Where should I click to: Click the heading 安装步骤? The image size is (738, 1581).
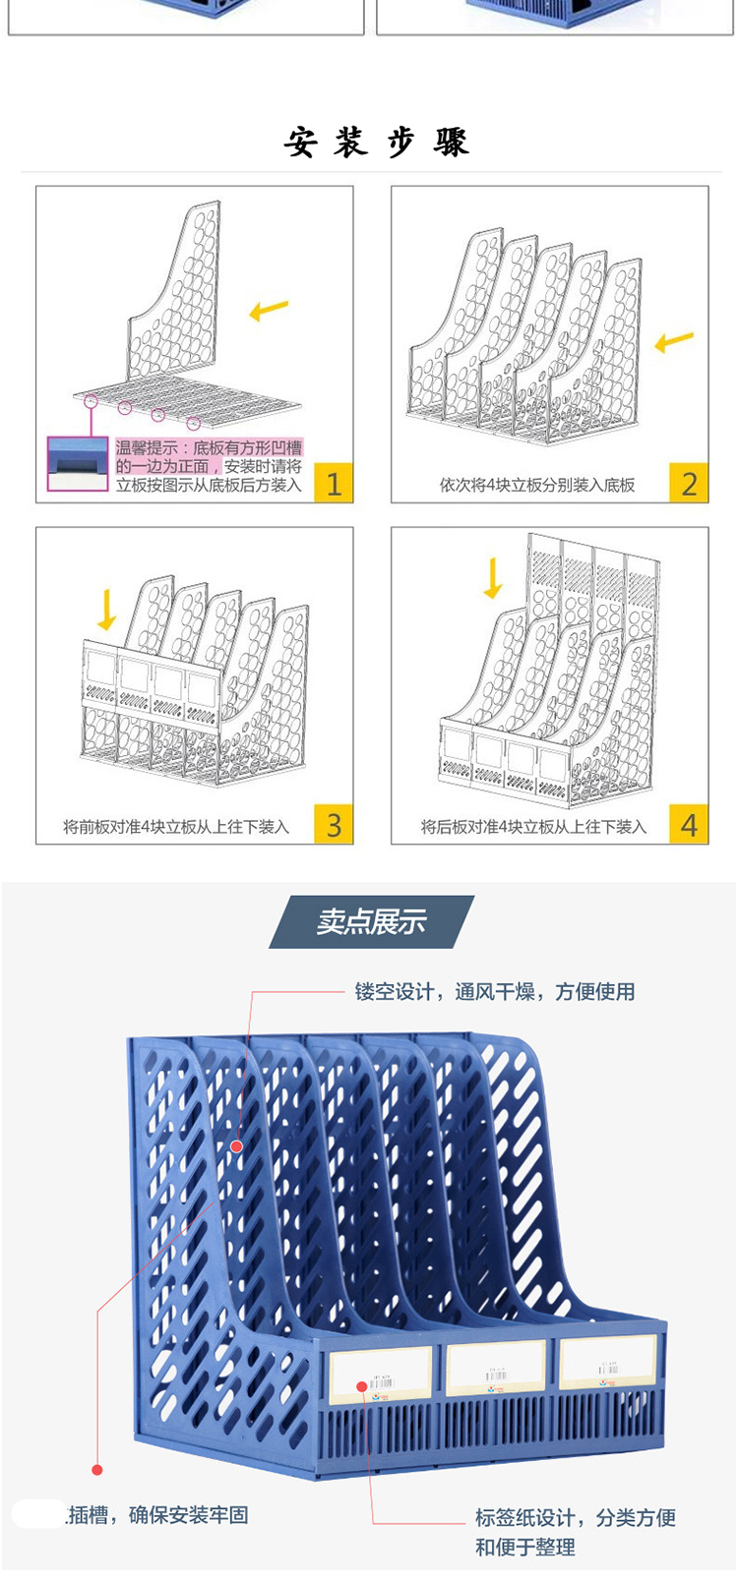coord(377,143)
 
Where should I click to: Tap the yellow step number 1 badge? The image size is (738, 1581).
coord(334,483)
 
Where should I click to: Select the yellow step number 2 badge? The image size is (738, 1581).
coord(689,483)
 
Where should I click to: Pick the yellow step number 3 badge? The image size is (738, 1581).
coord(334,824)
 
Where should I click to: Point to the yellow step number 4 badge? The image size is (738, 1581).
coord(689,824)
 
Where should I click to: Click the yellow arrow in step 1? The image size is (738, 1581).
coord(269,311)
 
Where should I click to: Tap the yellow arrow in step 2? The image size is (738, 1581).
coord(674,341)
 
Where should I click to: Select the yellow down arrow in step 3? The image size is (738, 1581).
coord(107,610)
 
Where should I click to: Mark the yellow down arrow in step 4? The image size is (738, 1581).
coord(493,578)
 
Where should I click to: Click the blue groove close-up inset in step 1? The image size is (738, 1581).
coord(78,463)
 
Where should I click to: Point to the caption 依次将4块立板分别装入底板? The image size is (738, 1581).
coord(537,485)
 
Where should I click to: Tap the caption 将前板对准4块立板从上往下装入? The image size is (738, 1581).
coord(176,827)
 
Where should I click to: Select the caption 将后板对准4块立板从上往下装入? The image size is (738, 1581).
coord(533,827)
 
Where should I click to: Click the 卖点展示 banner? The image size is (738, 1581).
coord(372,921)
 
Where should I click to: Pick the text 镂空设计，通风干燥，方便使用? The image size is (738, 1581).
coord(495,991)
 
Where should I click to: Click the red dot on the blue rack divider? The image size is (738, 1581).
coord(236,1145)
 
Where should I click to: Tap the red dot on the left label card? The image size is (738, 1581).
coord(362,1386)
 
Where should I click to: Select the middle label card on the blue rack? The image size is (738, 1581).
coord(496,1366)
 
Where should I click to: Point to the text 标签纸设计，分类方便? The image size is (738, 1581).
coord(576,1517)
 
